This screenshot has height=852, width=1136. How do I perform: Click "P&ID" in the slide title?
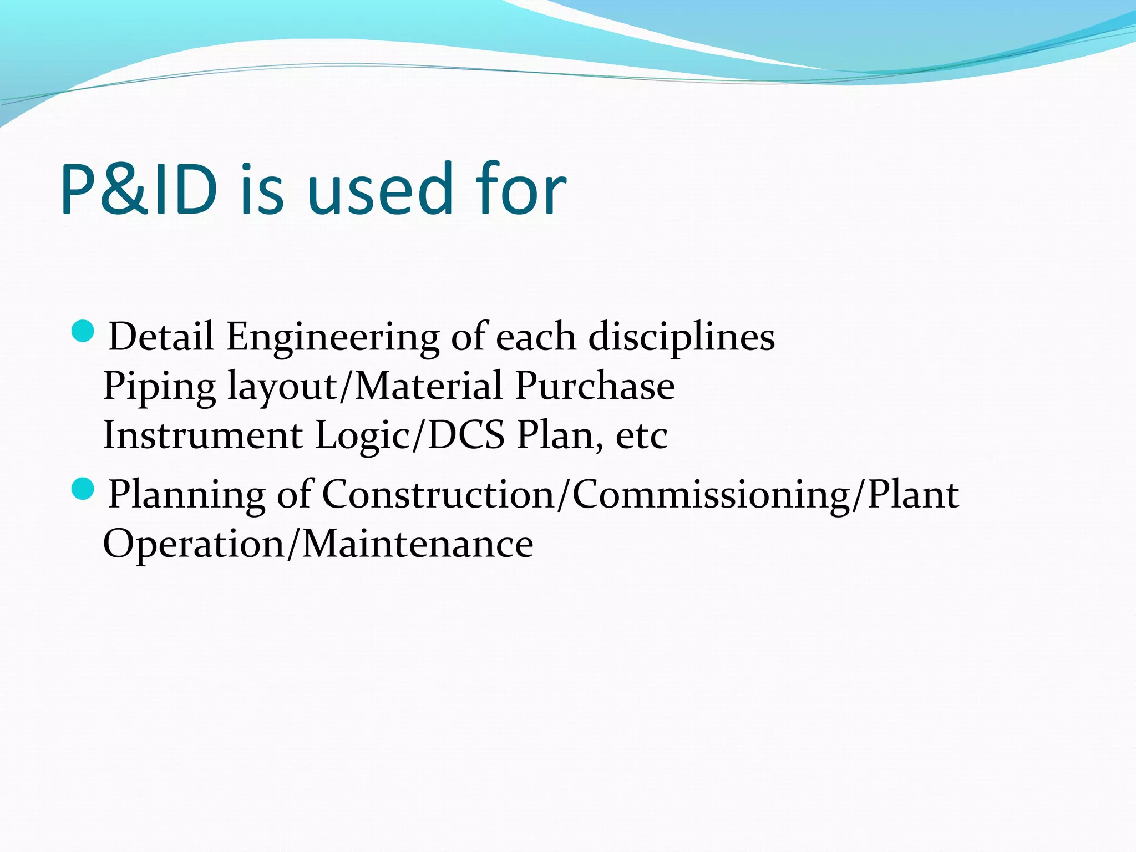point(139,190)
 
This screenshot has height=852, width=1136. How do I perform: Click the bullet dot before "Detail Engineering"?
point(83,332)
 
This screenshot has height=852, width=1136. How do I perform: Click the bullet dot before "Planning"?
point(83,489)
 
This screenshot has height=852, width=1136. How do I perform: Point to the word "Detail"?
point(161,336)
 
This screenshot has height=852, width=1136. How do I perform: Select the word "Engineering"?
point(332,337)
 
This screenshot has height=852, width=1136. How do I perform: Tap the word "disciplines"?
point(681,337)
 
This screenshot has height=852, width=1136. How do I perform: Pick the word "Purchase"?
point(595,386)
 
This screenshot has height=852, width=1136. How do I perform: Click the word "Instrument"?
point(203,435)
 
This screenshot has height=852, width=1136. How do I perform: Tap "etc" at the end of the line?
point(642,436)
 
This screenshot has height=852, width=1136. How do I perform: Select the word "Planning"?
point(186,495)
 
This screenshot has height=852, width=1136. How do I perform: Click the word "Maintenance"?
point(418,544)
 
